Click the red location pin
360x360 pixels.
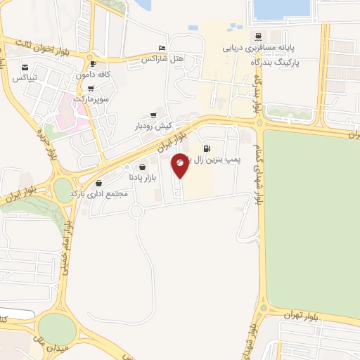(x=180, y=165)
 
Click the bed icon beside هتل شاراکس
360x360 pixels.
(x=162, y=48)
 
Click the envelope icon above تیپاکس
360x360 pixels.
(x=24, y=66)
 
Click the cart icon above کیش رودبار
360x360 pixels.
(x=153, y=115)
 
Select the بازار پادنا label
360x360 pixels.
(x=144, y=177)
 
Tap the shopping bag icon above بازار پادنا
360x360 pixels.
(x=143, y=167)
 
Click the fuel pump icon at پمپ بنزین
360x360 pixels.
(x=207, y=148)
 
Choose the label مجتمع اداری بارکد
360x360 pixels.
(x=98, y=193)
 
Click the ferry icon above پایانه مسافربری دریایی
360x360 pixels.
(x=259, y=37)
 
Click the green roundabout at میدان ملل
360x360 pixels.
(x=57, y=329)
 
